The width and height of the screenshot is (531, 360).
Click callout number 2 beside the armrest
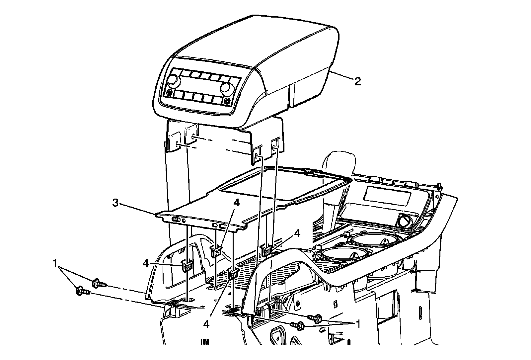(357, 81)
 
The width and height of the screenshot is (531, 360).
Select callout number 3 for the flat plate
(115, 203)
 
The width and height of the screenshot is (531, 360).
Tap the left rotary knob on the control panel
(173, 80)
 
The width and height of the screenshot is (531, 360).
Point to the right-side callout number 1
(357, 323)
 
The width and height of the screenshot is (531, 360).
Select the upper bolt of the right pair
(316, 318)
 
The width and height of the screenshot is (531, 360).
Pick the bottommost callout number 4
(206, 324)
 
